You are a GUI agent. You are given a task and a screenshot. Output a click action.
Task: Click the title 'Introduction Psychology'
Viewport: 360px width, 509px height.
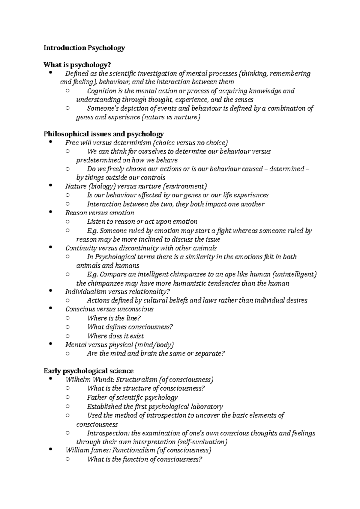[x=84, y=48]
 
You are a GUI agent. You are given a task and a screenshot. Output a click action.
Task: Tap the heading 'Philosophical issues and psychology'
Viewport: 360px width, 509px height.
[x=103, y=134]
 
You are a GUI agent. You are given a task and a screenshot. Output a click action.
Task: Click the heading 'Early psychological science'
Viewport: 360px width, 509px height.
[x=88, y=371]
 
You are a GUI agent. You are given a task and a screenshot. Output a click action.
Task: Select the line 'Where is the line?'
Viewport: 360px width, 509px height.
[x=114, y=318]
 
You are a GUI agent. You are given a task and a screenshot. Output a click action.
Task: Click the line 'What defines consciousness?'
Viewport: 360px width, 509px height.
[x=130, y=327]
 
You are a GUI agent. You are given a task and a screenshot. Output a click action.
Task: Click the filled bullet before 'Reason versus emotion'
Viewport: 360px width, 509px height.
[x=50, y=212]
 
